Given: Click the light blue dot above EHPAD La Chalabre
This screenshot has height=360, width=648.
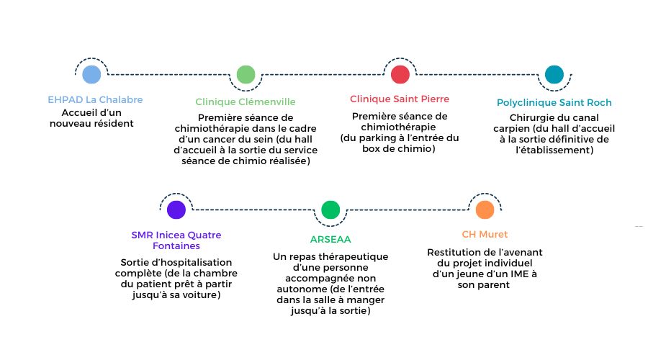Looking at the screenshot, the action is [91, 74].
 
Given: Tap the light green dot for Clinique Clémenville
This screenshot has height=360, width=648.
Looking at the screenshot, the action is [246, 74].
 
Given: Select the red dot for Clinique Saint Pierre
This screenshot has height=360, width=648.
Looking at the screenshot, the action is [400, 74].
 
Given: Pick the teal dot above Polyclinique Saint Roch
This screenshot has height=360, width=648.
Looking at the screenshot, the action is [554, 74].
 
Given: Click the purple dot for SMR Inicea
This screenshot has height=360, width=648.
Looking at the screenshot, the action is [176, 210].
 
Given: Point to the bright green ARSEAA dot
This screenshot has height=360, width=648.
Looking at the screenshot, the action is [330, 210].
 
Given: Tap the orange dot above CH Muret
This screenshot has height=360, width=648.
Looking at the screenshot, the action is [485, 210].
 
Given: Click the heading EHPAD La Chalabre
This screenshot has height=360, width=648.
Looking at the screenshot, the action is [95, 99].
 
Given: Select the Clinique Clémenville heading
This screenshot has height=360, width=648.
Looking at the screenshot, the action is [246, 102].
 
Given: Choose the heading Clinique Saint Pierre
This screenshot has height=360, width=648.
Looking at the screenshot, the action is [400, 99].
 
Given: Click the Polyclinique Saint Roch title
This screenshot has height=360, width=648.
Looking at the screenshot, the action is [554, 102].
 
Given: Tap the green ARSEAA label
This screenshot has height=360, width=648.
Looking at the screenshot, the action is [330, 239].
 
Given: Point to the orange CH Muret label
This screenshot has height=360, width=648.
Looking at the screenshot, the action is [485, 234].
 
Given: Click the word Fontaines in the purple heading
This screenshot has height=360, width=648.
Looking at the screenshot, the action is [176, 246].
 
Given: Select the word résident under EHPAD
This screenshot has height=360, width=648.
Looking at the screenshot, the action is [114, 124].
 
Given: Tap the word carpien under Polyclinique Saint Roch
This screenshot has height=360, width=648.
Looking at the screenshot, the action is [511, 129].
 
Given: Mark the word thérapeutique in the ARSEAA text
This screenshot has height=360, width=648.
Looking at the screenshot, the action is [354, 257].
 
